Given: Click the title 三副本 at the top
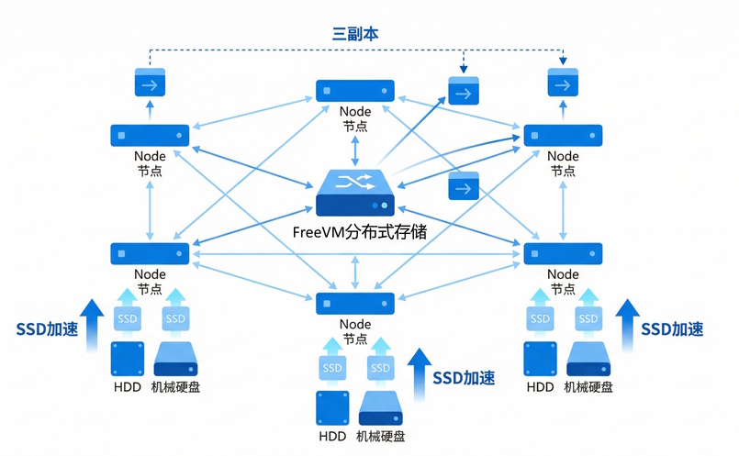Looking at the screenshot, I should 355,33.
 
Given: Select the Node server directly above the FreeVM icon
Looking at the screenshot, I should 355,90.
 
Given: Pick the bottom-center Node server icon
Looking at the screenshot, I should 355,303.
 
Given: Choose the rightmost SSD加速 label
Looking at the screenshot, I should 672,328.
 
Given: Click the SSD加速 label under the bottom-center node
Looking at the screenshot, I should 464,378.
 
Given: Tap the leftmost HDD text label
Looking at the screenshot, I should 128,387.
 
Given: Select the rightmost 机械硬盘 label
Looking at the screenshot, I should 588,387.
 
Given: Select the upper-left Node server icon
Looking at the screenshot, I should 150,135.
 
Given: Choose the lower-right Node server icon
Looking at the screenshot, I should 562,253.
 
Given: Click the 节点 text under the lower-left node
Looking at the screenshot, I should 150,289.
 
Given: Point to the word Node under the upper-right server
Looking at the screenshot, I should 563,156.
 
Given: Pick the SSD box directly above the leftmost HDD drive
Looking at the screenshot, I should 128,318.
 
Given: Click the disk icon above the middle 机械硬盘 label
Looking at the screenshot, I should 382,408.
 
